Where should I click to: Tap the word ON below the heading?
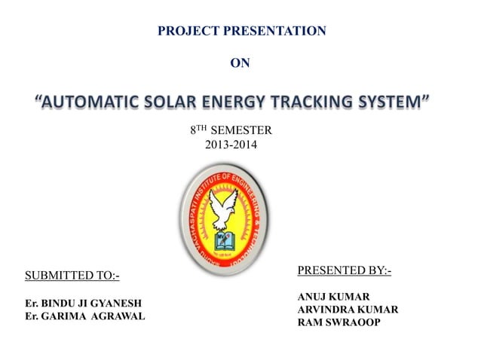pyautogui.click(x=239, y=63)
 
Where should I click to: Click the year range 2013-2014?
pyautogui.click(x=231, y=144)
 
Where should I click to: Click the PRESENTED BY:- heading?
pyautogui.click(x=345, y=270)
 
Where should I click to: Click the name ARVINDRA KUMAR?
pyautogui.click(x=348, y=310)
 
